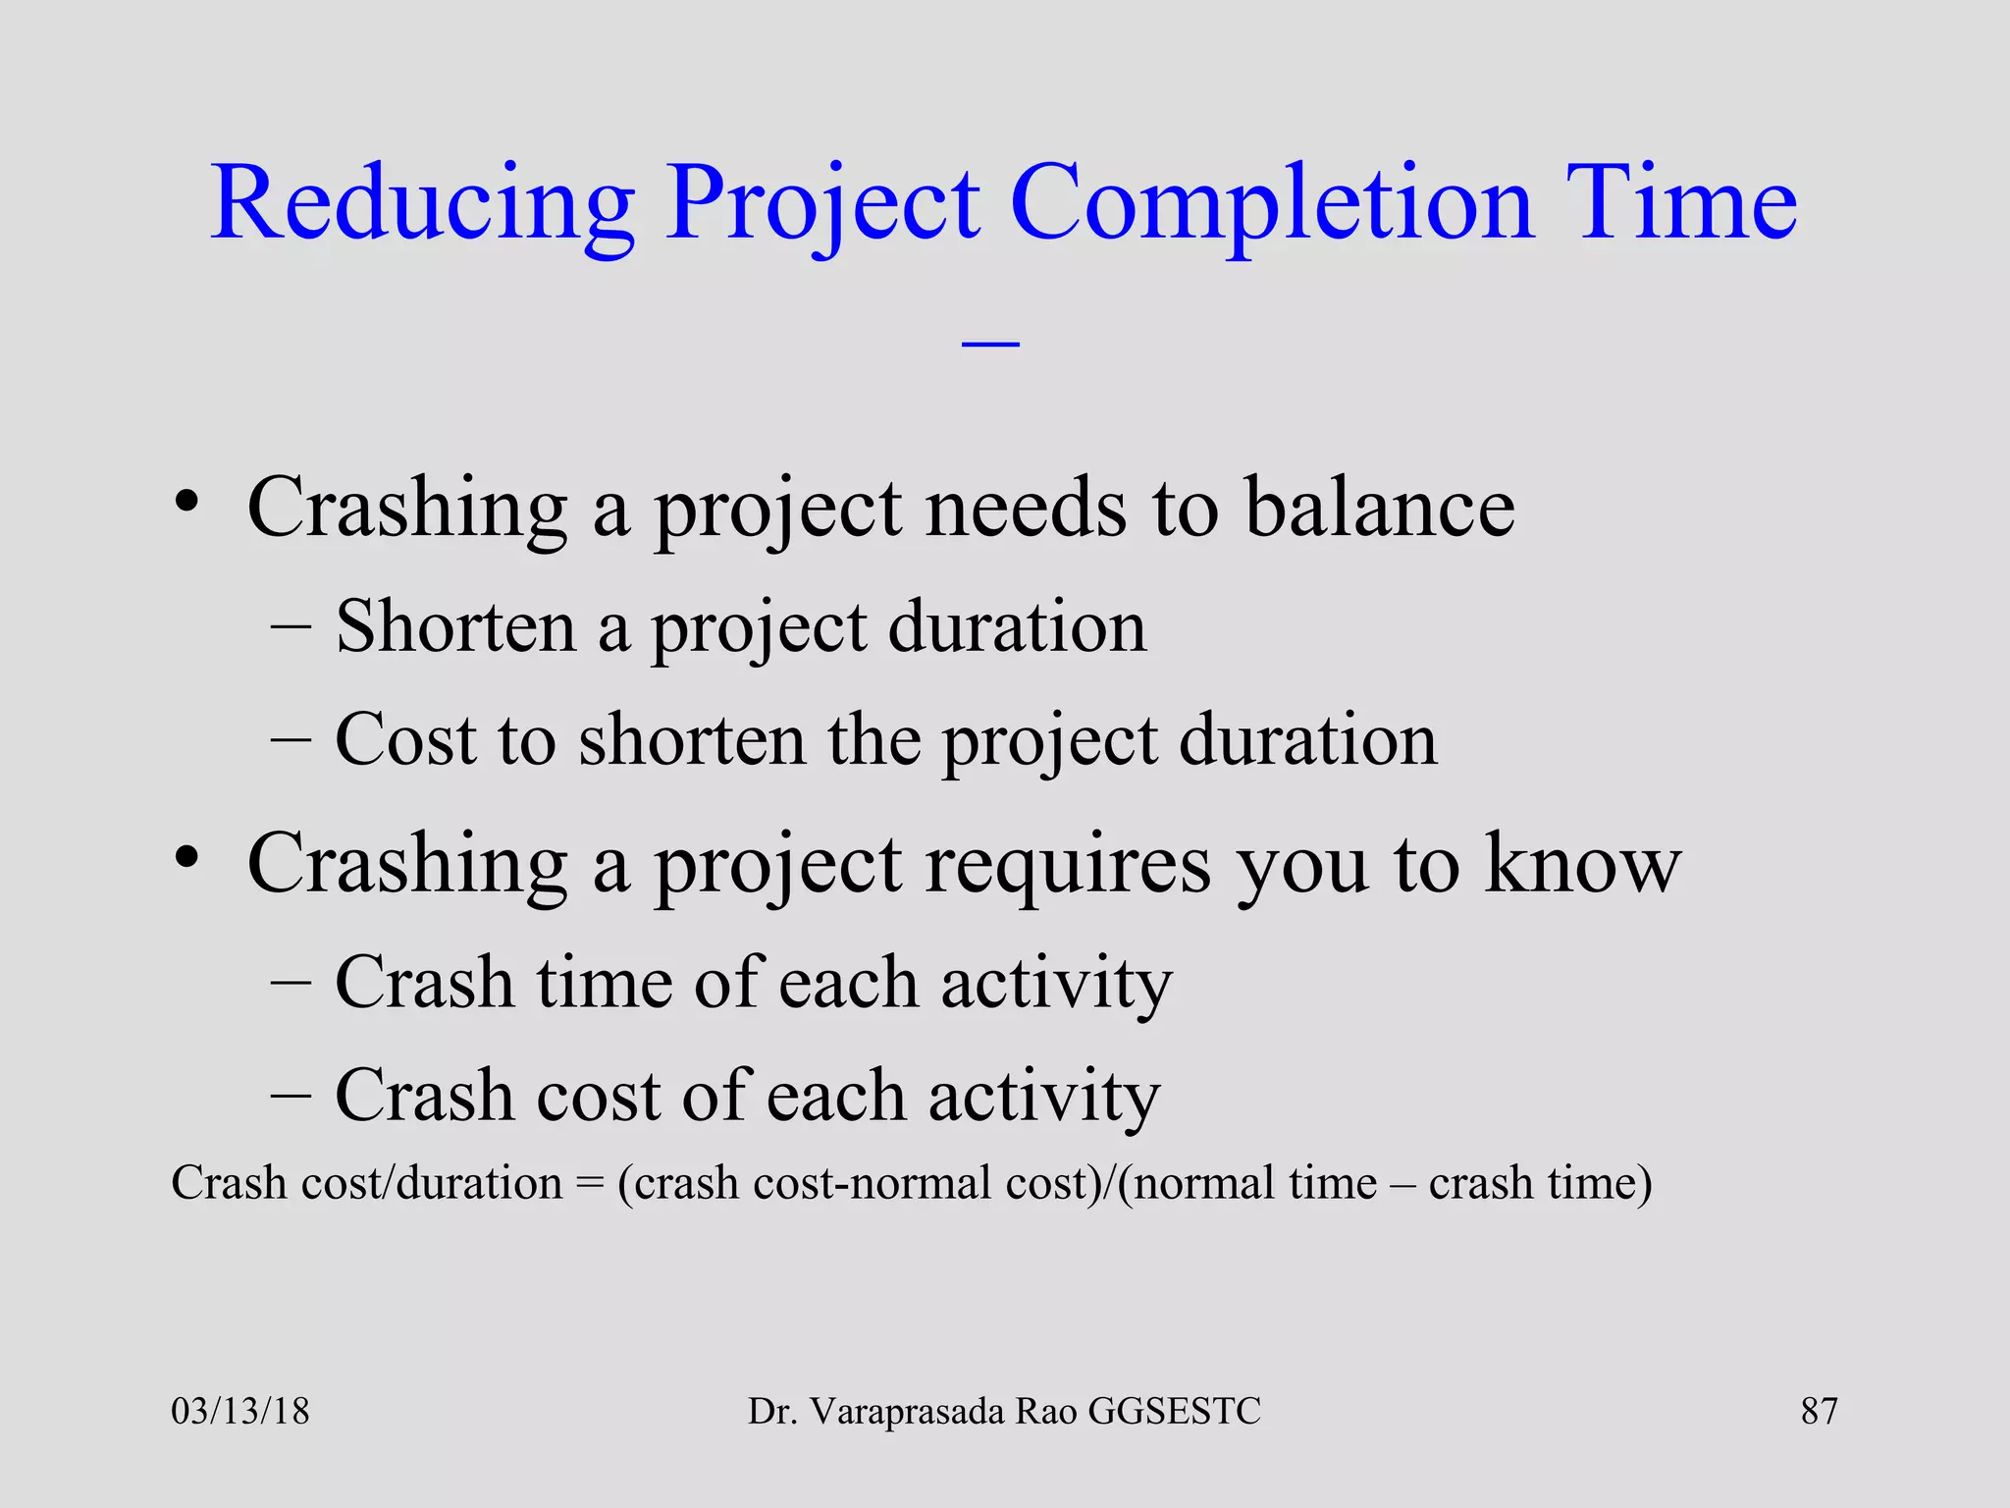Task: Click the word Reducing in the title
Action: click(422, 204)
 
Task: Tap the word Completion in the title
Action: click(1270, 204)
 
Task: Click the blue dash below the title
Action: click(990, 344)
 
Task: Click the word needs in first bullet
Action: click(1026, 510)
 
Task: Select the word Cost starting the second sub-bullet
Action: click(405, 740)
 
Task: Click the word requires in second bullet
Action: click(1068, 865)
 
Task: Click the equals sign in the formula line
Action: click(589, 1184)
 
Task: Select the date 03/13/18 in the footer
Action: click(239, 1412)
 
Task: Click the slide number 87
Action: click(1819, 1412)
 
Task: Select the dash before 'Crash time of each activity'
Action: click(291, 984)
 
